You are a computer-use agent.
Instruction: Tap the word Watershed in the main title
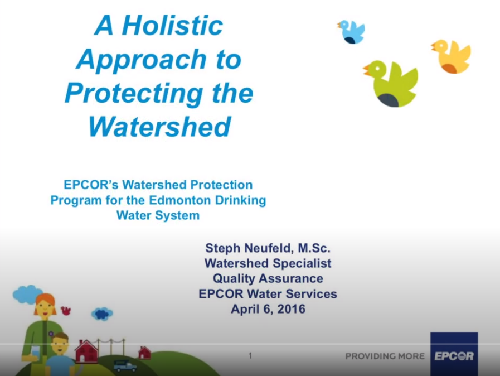pos(159,127)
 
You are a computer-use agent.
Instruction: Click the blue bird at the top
pos(351,31)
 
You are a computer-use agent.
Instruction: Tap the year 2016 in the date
pos(290,308)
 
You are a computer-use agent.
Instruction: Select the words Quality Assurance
pos(268,278)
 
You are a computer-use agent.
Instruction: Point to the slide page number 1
pos(250,355)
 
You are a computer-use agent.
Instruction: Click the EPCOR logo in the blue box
pos(454,355)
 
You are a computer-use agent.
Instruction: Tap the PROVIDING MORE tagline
pos(385,356)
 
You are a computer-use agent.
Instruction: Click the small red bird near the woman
pos(66,310)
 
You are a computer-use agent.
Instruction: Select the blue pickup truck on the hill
pos(124,365)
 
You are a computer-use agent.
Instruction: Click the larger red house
pos(86,351)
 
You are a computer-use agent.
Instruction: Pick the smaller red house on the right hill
pos(144,353)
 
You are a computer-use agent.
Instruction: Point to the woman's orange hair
pos(45,300)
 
